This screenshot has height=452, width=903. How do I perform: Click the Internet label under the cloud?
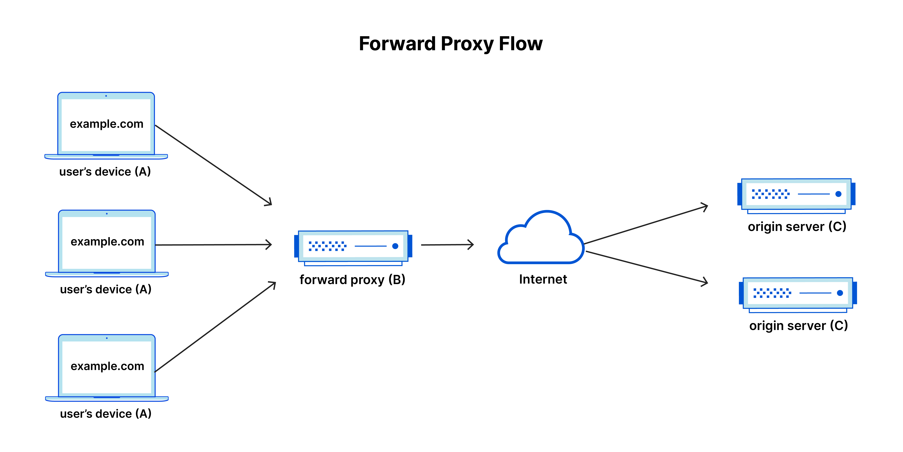click(x=543, y=279)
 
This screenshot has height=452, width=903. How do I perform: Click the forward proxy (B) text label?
click(x=352, y=280)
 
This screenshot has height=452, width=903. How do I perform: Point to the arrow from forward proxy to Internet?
click(x=447, y=245)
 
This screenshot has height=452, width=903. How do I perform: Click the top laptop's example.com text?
click(x=107, y=124)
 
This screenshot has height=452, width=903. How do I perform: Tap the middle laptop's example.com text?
click(x=107, y=242)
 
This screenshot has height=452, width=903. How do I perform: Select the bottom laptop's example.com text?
click(x=107, y=366)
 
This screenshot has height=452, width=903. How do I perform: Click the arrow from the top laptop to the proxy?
click(x=213, y=165)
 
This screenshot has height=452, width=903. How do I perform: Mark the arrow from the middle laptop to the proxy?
click(x=213, y=245)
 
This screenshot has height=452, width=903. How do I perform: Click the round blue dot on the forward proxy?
click(x=395, y=246)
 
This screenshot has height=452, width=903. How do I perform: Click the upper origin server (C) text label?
click(x=797, y=227)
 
